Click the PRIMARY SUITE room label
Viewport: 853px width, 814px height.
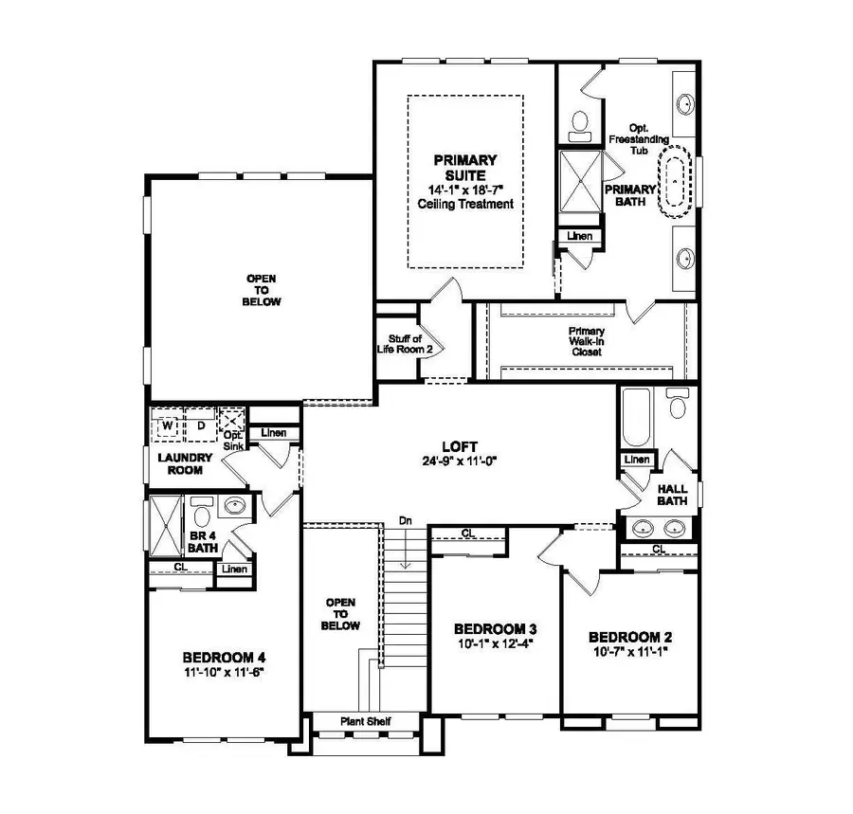tap(465, 168)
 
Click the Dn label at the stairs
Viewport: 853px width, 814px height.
tap(406, 520)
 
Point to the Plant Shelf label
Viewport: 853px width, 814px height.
tap(365, 722)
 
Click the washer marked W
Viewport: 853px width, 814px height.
tap(168, 425)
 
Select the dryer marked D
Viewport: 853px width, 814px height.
tap(201, 425)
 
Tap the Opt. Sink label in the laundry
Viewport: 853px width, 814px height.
tap(233, 441)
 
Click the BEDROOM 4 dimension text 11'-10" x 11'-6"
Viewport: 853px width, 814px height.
tap(224, 672)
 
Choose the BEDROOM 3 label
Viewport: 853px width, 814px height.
tap(496, 628)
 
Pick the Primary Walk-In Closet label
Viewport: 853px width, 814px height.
tap(587, 341)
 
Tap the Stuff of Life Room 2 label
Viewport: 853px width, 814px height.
tap(398, 343)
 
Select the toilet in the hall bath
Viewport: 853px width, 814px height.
tap(677, 406)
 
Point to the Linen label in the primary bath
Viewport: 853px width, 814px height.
tap(579, 236)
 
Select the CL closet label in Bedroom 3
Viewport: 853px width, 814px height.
tap(468, 534)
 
